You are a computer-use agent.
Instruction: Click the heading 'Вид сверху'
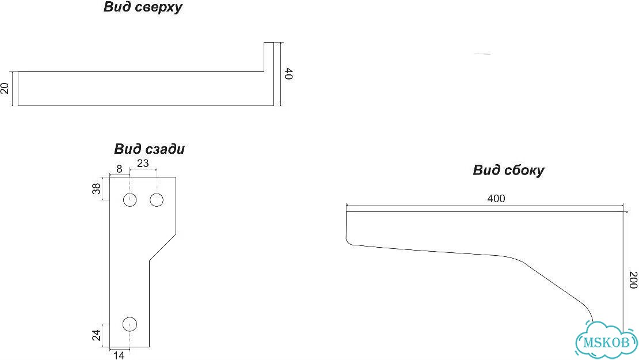[143, 7]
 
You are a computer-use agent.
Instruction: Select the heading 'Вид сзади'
[149, 149]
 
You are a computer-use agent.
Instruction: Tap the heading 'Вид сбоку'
[508, 170]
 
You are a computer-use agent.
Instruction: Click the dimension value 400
[496, 199]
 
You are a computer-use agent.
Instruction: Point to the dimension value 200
[633, 280]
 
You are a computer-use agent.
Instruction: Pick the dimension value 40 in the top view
[289, 74]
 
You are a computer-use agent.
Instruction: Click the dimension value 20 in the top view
[5, 88]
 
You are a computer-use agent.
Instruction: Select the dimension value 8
[119, 169]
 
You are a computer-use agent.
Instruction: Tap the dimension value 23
[143, 164]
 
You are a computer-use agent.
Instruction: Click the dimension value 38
[96, 189]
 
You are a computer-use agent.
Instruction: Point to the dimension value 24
[96, 335]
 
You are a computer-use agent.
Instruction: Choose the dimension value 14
[119, 355]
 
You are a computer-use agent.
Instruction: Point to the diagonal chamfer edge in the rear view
[162, 247]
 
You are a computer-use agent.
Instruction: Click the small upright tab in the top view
[269, 57]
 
